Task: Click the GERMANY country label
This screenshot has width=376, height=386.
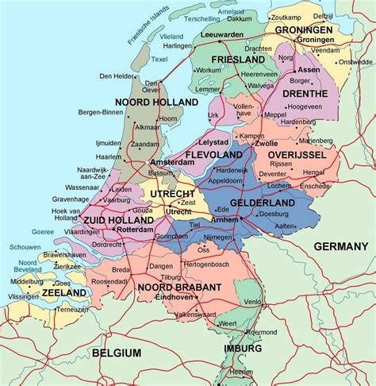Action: [x=341, y=246]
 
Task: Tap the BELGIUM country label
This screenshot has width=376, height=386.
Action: [x=117, y=353]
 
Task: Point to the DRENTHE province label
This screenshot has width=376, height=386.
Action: [x=305, y=94]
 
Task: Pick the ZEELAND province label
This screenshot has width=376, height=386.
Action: [x=66, y=293]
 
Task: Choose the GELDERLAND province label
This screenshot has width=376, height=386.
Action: [x=263, y=203]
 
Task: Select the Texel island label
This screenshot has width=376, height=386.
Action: [x=159, y=60]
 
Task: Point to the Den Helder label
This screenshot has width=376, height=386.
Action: [x=116, y=76]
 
